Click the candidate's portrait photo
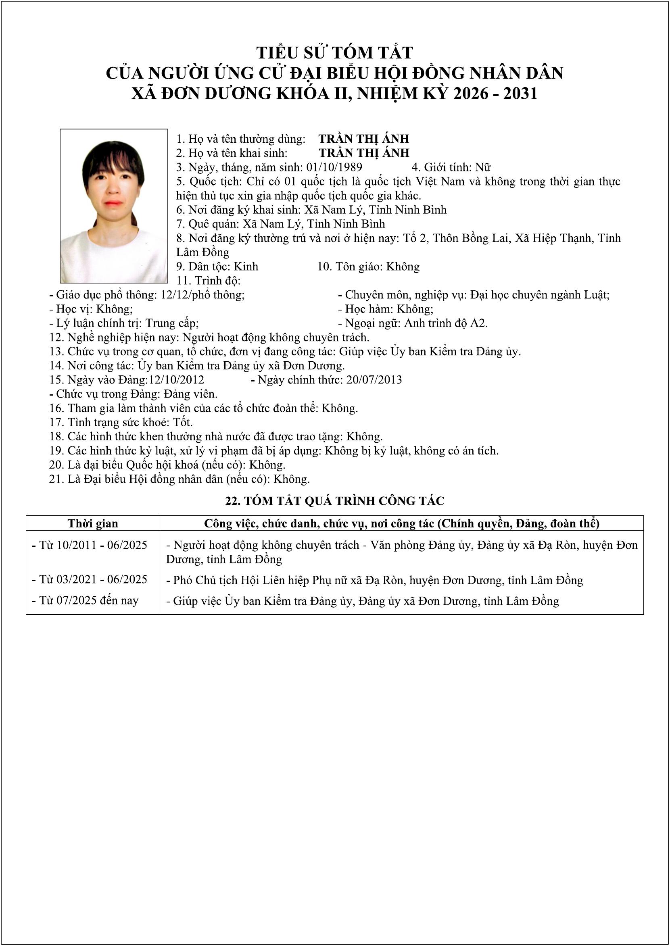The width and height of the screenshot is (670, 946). (x=114, y=206)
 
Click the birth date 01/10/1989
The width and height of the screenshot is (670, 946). (x=334, y=167)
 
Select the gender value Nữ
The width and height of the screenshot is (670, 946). (x=483, y=167)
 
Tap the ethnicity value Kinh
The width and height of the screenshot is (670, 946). (x=246, y=267)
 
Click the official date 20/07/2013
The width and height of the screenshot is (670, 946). (x=374, y=380)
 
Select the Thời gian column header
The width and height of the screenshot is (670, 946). (x=93, y=524)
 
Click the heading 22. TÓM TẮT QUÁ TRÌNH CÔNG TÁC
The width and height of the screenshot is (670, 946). (x=334, y=501)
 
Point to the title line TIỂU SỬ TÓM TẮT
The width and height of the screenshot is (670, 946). (x=334, y=53)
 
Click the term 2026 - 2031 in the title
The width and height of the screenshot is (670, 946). (x=495, y=94)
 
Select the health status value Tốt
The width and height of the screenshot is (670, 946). (x=183, y=422)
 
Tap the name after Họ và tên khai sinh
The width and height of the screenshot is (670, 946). (x=364, y=153)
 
